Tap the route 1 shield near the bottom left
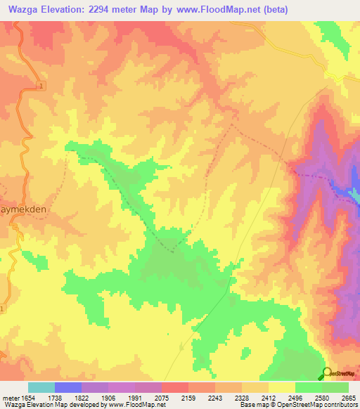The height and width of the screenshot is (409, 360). pyautogui.click(x=2, y=309)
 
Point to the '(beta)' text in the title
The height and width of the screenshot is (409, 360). pyautogui.click(x=270, y=9)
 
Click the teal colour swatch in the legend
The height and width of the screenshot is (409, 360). pyautogui.click(x=41, y=387)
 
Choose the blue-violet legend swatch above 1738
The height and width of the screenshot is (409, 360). pyautogui.click(x=68, y=387)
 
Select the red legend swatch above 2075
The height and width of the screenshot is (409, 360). pyautogui.click(x=174, y=387)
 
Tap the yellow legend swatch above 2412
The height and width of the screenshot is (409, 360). pyautogui.click(x=281, y=387)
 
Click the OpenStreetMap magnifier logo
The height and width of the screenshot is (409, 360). pyautogui.click(x=327, y=373)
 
